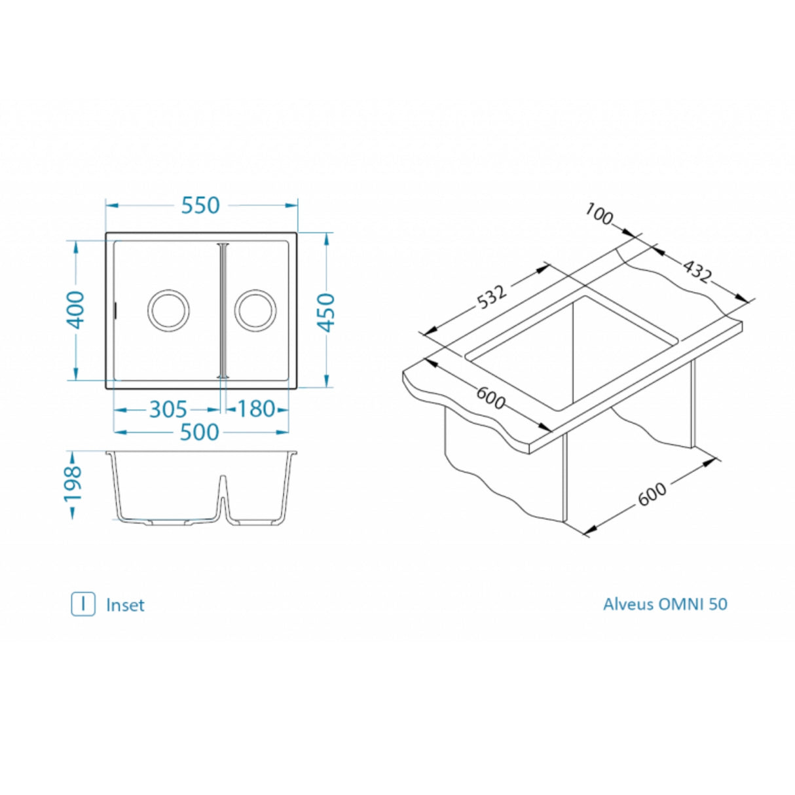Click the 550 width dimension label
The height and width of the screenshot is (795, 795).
(200, 205)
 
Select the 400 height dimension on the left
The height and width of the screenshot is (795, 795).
(76, 309)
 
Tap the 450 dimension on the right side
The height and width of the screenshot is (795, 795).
(327, 312)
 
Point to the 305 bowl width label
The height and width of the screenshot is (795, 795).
(168, 409)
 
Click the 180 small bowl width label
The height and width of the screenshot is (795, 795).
(255, 409)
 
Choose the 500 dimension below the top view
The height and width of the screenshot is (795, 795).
(199, 432)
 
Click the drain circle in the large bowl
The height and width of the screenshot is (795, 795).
(168, 310)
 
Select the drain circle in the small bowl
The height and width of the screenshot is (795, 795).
(255, 310)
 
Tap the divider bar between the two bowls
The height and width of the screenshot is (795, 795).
(223, 311)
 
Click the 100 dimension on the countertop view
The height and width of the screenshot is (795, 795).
(598, 213)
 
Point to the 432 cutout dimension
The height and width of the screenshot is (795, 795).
(696, 271)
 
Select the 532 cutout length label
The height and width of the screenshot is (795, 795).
(492, 296)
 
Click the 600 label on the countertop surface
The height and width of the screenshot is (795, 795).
(490, 398)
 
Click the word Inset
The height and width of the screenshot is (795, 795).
(125, 605)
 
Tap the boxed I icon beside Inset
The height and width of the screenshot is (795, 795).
(83, 604)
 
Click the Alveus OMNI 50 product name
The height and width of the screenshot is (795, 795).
(665, 604)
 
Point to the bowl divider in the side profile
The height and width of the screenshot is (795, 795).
(223, 498)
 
